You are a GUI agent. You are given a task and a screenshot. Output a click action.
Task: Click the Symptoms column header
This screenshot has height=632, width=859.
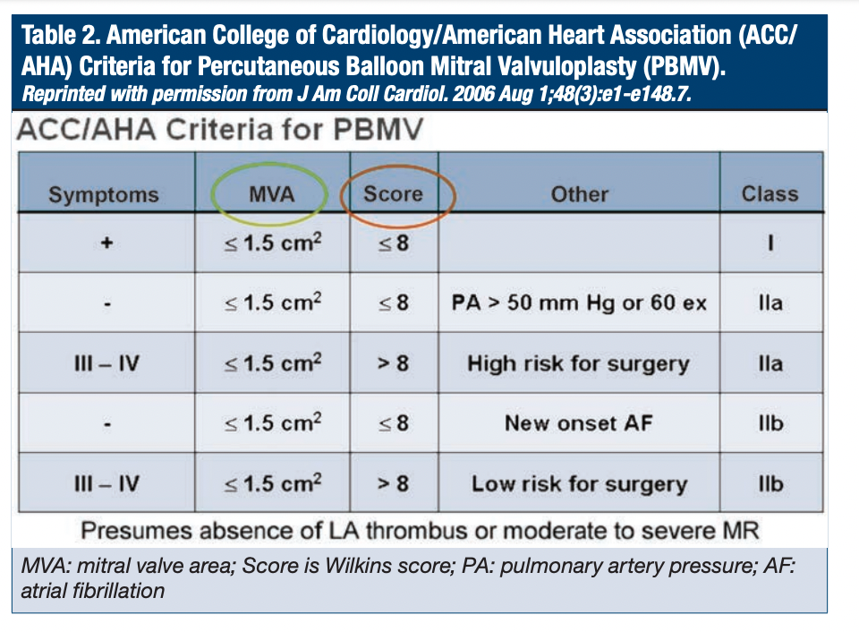click(103, 194)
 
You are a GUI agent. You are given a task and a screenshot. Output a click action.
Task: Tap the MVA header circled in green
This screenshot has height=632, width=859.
click(272, 194)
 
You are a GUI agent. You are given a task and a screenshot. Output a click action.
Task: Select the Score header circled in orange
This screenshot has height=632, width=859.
click(394, 193)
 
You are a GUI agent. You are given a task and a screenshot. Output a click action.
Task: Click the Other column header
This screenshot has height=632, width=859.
click(580, 194)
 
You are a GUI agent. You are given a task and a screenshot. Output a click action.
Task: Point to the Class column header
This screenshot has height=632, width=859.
click(770, 194)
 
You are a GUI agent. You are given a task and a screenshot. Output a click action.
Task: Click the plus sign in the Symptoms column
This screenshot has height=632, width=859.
click(106, 243)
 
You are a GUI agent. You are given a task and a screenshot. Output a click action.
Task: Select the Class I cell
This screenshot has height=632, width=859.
click(770, 243)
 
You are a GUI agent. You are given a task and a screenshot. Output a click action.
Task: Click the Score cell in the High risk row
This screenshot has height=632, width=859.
click(394, 363)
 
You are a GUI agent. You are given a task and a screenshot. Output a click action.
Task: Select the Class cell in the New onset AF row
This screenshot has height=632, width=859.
click(770, 423)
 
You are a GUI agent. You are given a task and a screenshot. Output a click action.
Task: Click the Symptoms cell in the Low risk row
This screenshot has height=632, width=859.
click(106, 484)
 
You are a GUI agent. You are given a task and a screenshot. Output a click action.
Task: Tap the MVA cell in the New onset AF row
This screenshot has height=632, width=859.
click(272, 423)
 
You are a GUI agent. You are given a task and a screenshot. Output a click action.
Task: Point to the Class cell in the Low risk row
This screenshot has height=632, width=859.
click(770, 484)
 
